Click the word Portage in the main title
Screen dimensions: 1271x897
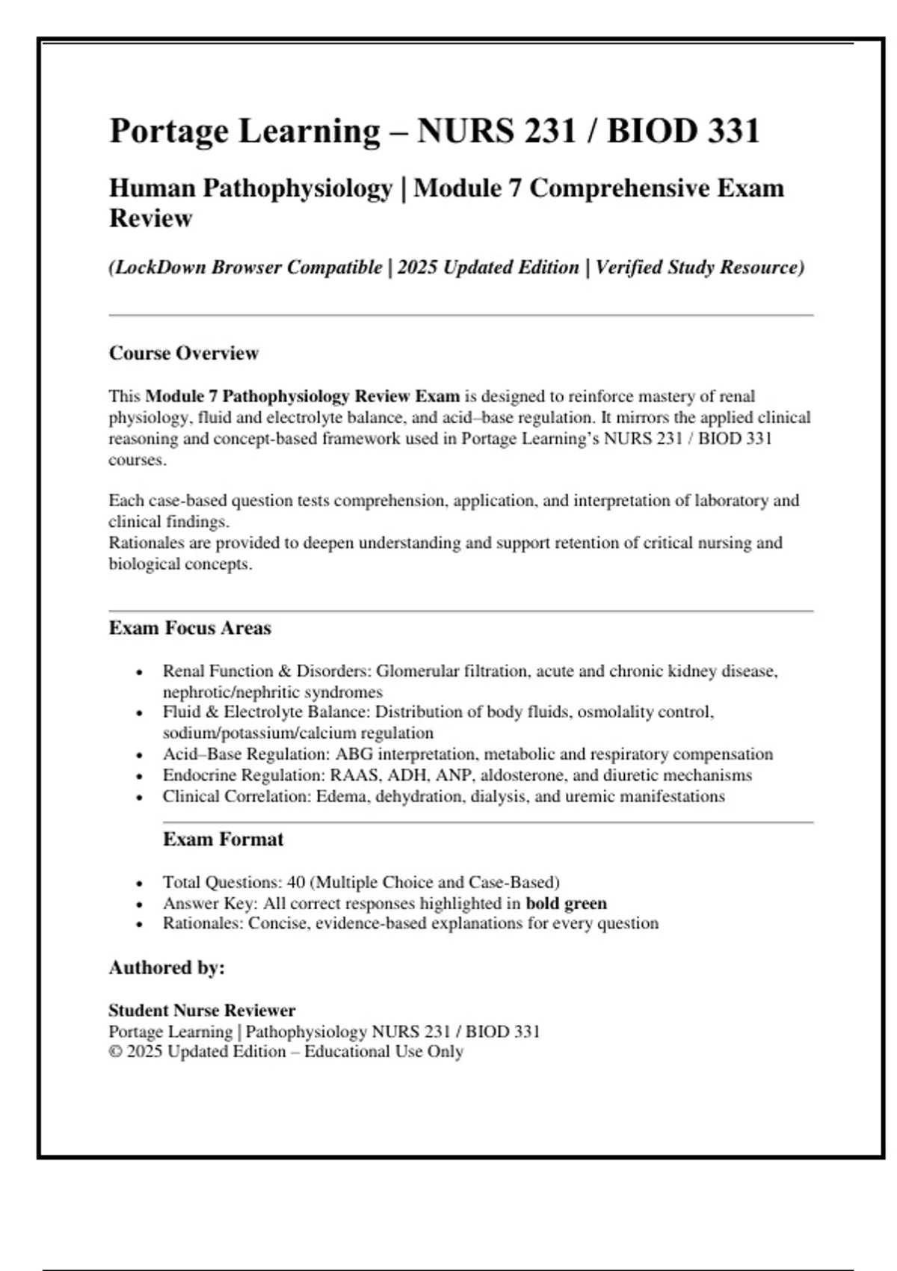click(x=169, y=132)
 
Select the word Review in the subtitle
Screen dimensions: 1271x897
click(x=151, y=218)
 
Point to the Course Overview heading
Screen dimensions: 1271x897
click(x=184, y=353)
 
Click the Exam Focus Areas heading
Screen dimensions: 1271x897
click(x=190, y=628)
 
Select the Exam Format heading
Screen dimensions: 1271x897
click(x=223, y=840)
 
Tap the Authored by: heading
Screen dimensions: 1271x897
click(x=167, y=968)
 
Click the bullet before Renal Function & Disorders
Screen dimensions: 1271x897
click(x=139, y=672)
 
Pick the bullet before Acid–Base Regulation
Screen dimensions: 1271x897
click(x=139, y=755)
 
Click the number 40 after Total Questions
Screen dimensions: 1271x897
click(x=296, y=882)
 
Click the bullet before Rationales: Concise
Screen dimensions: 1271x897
click(x=139, y=925)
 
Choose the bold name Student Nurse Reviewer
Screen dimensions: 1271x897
click(x=202, y=1011)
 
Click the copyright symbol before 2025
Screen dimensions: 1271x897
click(x=115, y=1052)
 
